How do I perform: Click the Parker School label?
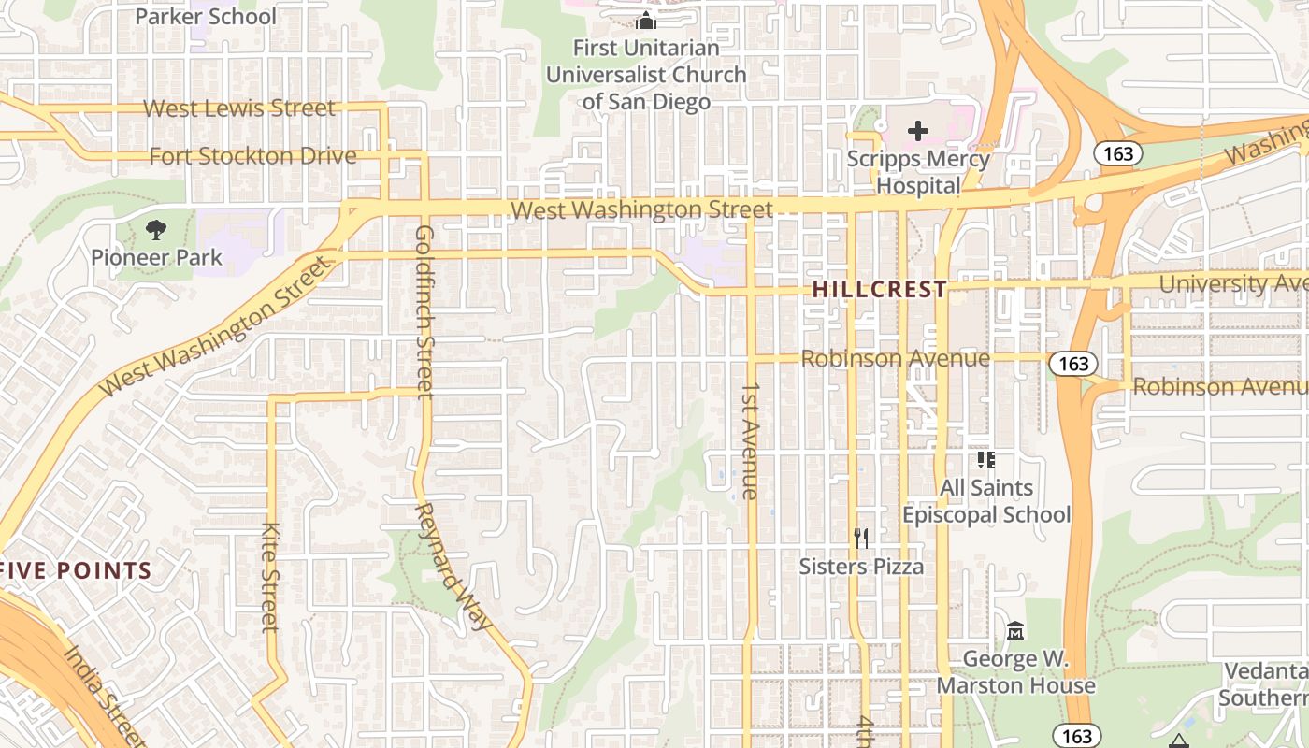pos(206,17)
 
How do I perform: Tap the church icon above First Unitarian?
pos(646,21)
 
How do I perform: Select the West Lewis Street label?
pos(238,108)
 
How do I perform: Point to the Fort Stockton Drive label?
pos(253,156)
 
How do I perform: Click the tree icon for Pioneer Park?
pos(156,229)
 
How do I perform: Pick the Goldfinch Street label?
pos(424,310)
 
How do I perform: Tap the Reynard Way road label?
pos(453,566)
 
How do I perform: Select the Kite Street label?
pos(270,576)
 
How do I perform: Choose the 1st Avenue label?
pos(750,439)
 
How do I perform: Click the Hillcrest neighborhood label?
pos(880,290)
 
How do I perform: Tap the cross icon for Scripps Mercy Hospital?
pos(918,131)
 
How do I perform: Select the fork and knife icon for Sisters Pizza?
pos(861,539)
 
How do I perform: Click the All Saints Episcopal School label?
pos(986,501)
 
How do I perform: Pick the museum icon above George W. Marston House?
pos(1015,631)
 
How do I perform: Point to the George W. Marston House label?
pos(1015,672)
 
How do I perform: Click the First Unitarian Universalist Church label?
pos(646,74)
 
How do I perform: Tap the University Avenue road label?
pos(1232,283)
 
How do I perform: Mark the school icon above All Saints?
pos(986,459)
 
